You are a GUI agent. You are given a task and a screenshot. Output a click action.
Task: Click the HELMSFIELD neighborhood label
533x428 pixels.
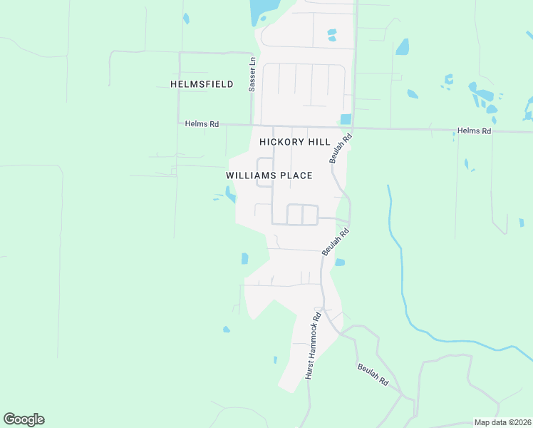point(202,84)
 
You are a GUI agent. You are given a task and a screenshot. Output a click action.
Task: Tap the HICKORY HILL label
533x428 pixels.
point(295,142)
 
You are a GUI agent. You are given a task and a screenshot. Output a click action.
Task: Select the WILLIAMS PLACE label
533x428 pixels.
point(269,175)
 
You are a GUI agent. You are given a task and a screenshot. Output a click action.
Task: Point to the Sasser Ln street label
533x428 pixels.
point(252,75)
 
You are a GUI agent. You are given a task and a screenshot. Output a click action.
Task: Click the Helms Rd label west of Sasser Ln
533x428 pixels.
point(202,123)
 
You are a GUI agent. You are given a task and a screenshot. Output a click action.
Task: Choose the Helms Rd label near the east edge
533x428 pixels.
point(475,131)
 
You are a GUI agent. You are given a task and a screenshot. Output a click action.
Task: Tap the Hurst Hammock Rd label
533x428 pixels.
point(314,345)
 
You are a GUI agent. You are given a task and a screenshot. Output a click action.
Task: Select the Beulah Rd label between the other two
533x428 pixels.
point(335,242)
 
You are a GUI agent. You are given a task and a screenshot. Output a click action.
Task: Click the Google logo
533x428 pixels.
point(24,419)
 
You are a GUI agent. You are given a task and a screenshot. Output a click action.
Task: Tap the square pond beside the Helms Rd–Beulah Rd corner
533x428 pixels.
point(346,119)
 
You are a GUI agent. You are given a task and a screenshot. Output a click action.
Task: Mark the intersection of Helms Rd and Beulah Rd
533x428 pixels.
point(353,128)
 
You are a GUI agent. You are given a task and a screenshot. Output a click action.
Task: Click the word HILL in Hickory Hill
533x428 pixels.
point(319,142)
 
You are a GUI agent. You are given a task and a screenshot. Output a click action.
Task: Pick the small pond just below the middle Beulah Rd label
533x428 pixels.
point(340,263)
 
